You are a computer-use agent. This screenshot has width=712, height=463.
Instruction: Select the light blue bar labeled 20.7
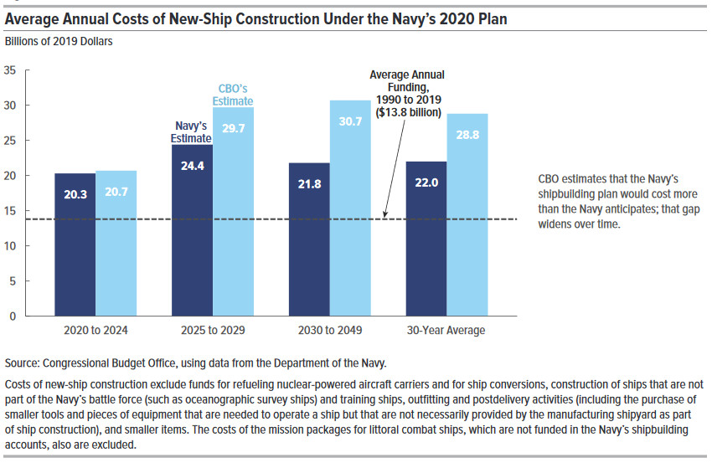116,244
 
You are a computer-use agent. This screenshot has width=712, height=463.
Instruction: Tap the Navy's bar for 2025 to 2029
192,230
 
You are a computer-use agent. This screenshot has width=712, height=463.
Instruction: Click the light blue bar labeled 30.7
349,208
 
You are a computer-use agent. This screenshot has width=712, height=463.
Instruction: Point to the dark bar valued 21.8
309,239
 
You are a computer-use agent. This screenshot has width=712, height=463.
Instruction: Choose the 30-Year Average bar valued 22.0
426,239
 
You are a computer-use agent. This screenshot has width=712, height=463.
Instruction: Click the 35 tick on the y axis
10,70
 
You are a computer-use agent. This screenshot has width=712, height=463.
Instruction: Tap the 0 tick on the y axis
13,316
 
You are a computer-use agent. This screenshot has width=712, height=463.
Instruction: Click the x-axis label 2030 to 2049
329,331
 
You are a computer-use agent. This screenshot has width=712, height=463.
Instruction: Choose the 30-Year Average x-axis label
446,331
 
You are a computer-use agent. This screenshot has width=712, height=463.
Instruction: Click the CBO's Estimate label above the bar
232,95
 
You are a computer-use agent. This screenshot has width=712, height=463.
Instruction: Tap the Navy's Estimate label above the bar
191,132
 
